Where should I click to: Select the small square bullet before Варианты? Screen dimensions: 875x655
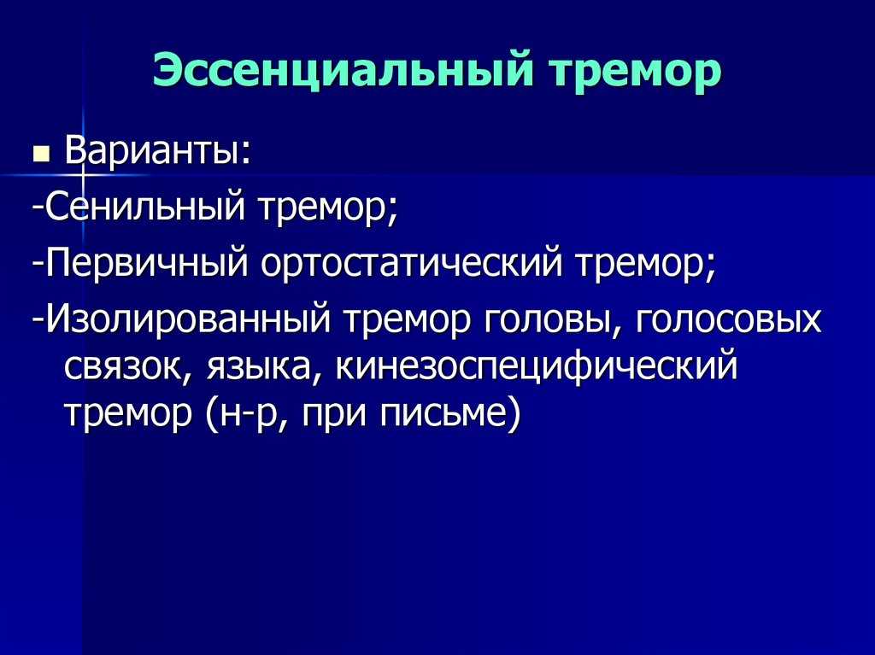tap(41, 154)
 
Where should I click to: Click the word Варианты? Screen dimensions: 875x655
tap(158, 150)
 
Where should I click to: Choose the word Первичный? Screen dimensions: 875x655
tap(147, 263)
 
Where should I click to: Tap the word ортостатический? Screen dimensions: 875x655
tap(411, 263)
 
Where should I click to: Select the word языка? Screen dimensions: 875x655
tap(259, 368)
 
